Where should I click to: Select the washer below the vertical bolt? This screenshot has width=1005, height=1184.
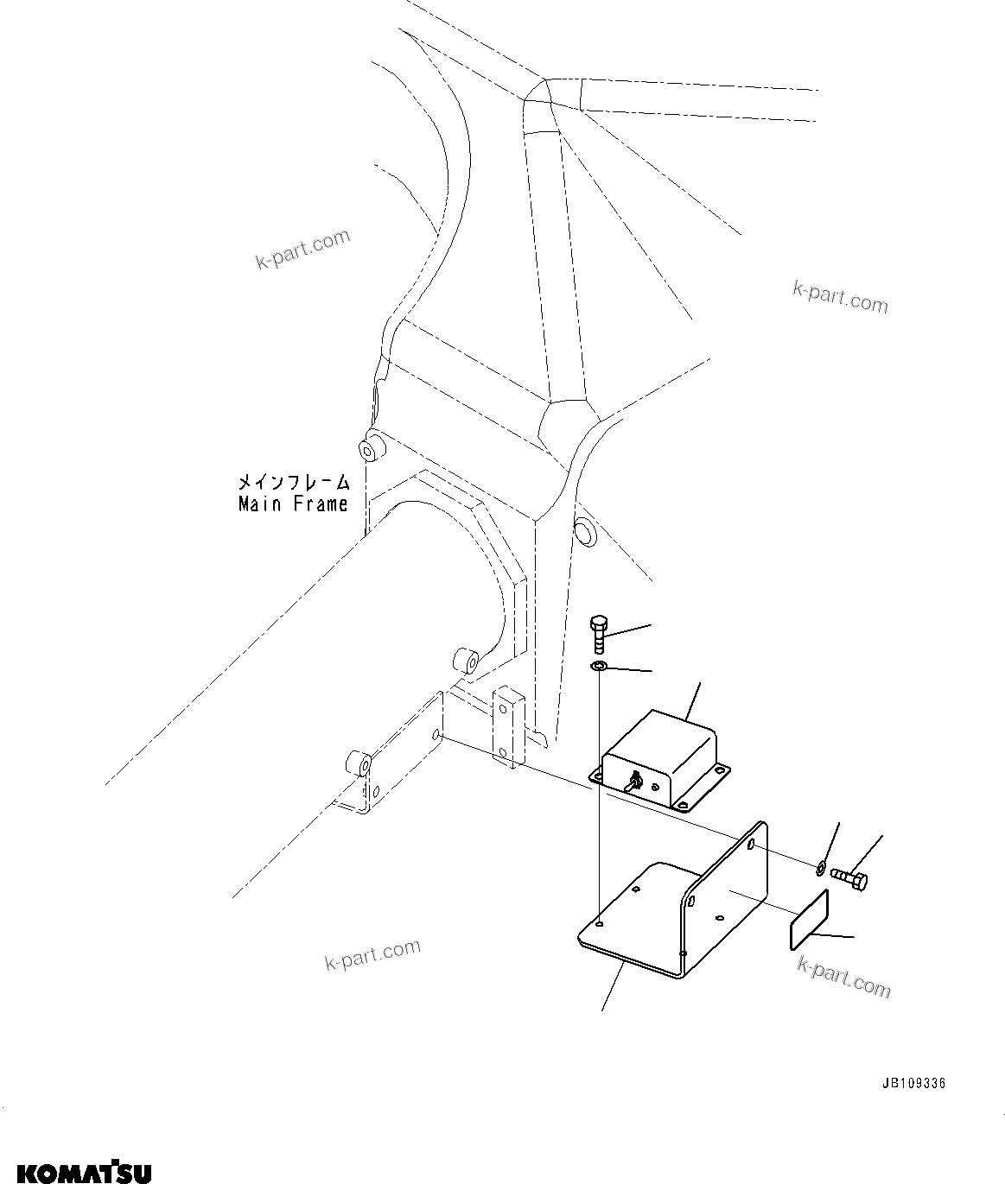coord(598,667)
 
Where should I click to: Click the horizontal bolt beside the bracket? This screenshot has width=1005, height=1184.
coord(849,879)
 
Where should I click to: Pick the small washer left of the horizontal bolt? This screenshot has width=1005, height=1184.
coord(820,864)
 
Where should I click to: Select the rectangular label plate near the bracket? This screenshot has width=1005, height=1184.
coord(810,923)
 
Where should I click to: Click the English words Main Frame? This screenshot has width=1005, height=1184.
coord(293,504)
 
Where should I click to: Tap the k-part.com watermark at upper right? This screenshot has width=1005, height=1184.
coord(839,297)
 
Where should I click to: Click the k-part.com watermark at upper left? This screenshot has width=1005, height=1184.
coord(302,249)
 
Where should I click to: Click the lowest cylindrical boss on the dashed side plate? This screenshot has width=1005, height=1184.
coord(359,765)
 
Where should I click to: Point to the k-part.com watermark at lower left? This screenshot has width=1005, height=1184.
coord(372,954)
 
